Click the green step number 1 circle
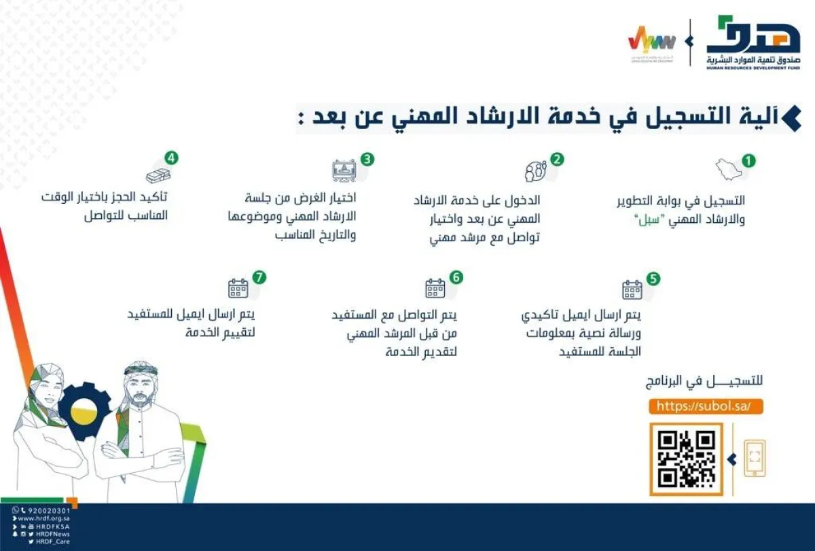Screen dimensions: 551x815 (x=748, y=161)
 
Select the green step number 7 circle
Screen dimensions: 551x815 (x=258, y=277)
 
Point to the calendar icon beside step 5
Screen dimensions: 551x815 (x=632, y=289)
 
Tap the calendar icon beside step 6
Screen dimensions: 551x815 (x=435, y=288)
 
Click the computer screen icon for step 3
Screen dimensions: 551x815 (x=344, y=169)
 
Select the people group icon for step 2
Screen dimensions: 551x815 (x=535, y=170)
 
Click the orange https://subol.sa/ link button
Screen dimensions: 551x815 (x=706, y=406)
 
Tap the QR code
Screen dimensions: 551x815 (x=687, y=459)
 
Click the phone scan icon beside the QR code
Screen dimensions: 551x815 (x=755, y=458)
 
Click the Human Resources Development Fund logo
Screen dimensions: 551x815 (x=753, y=43)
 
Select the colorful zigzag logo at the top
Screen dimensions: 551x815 (x=651, y=40)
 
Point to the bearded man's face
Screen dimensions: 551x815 (x=141, y=390)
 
